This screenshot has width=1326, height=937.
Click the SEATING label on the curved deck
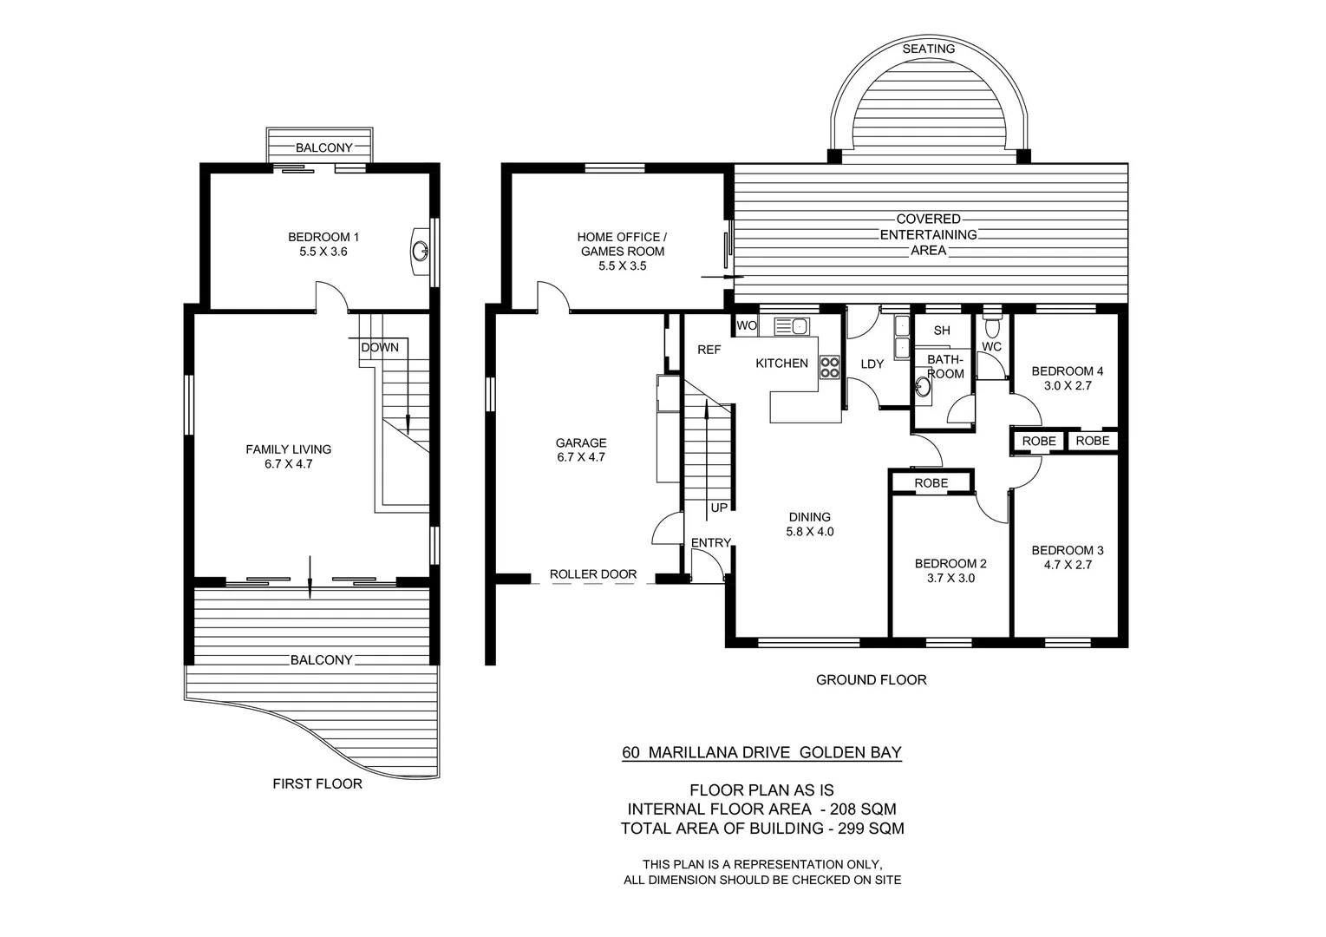tap(928, 49)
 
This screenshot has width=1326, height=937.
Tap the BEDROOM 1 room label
tap(323, 237)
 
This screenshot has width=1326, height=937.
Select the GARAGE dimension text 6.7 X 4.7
tap(580, 457)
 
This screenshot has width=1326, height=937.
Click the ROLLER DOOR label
tap(592, 574)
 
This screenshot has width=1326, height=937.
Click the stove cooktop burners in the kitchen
tap(829, 367)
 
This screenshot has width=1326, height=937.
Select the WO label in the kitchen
tap(746, 326)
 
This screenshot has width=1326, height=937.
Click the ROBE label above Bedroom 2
tap(931, 483)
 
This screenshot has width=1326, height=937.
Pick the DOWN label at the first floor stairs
tap(380, 347)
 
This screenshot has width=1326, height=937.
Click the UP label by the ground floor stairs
tap(719, 508)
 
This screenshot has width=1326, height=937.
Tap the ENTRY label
tap(710, 543)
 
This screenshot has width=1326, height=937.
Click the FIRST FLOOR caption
tap(317, 783)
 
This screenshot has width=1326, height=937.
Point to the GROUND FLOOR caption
tap(871, 680)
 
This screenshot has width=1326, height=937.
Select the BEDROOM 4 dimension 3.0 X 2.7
tap(1067, 386)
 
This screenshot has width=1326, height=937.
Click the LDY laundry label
tap(872, 364)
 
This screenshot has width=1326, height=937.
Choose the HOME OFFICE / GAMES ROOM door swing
tap(553, 295)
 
